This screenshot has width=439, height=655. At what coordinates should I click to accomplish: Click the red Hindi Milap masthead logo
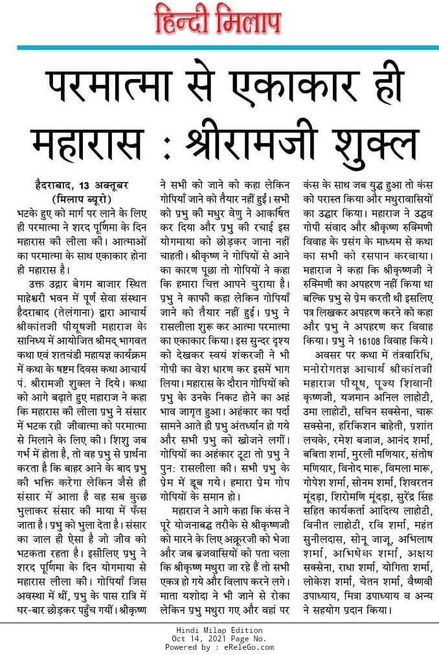(219, 21)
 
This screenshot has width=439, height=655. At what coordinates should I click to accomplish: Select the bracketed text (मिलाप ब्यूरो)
(80, 198)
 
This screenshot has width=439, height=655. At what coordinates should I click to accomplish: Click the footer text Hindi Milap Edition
(219, 630)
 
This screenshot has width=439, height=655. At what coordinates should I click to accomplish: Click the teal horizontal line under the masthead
(219, 47)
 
